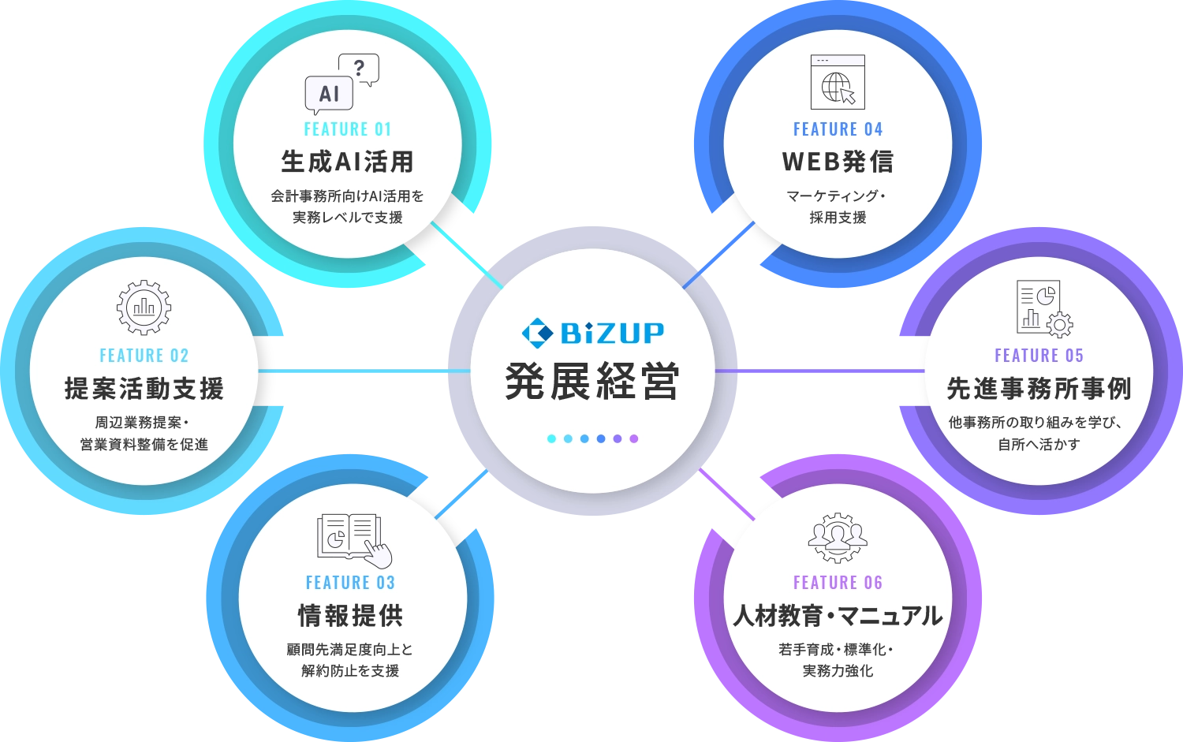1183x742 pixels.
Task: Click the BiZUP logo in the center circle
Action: (592, 333)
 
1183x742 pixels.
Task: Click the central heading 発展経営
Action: (592, 382)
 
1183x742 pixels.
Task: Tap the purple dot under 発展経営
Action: (634, 438)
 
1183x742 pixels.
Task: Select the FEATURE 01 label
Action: (348, 129)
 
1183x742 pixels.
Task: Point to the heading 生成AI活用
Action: (348, 162)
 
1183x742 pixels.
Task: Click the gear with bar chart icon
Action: (144, 308)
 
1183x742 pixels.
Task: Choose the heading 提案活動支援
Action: (144, 389)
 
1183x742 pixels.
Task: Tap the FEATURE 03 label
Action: (350, 583)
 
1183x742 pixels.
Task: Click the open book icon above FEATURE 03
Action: (354, 539)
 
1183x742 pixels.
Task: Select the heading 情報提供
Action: (350, 616)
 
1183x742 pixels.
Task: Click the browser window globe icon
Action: (838, 82)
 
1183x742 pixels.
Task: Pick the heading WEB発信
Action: (838, 162)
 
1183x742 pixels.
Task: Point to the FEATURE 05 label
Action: (1039, 356)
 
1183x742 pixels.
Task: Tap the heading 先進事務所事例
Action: (1039, 389)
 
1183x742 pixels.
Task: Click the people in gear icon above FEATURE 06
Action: (838, 538)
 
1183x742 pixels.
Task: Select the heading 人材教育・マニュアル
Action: (838, 616)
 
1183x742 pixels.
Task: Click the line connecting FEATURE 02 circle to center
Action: (364, 371)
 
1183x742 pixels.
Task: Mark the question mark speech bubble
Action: (359, 69)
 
